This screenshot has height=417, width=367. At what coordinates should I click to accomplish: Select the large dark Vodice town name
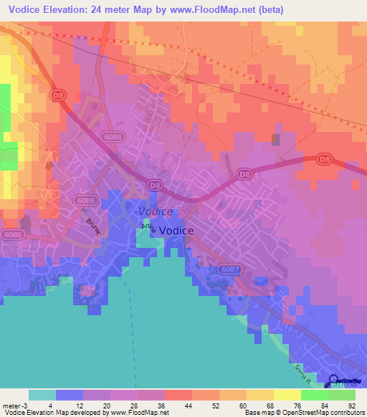(175, 231)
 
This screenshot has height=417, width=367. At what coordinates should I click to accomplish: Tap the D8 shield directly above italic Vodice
(153, 186)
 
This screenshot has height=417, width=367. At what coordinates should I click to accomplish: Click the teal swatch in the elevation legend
(42, 396)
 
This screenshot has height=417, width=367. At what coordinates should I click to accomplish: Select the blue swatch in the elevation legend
(70, 396)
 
